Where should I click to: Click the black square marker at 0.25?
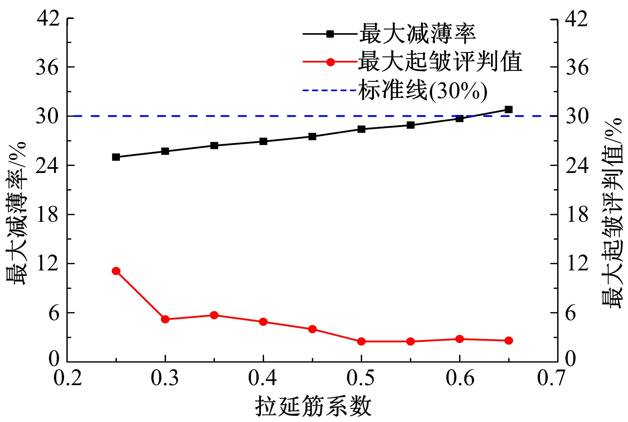point(116,157)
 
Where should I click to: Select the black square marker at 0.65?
point(509,109)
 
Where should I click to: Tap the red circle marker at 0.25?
point(116,271)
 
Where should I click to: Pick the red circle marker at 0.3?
point(165,319)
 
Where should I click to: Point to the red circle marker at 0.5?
point(362,341)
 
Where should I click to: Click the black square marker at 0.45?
point(312,136)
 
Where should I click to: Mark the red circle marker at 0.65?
point(509,340)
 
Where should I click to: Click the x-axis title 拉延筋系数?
point(313,407)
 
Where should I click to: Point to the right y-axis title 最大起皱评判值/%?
point(612,213)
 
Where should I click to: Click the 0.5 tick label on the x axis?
point(361,378)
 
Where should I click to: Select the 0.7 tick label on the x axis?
point(551,378)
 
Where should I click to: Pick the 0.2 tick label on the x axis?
point(68,378)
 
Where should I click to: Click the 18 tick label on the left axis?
point(47,214)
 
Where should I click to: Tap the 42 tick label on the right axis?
point(577,19)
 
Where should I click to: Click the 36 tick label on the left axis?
point(47,67)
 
